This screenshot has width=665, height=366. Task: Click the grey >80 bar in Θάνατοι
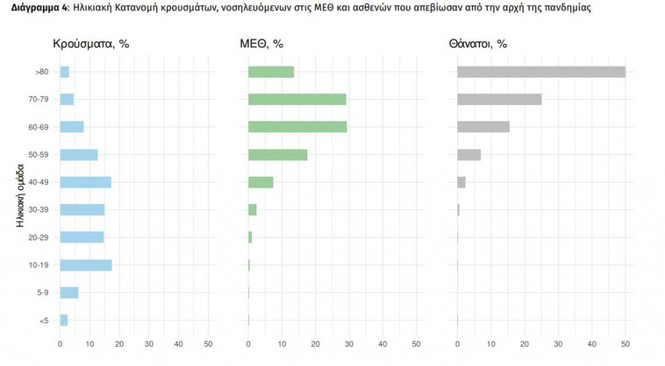click(x=541, y=72)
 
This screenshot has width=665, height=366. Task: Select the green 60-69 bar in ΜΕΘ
click(x=297, y=127)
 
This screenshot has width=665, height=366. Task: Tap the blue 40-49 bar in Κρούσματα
click(x=86, y=182)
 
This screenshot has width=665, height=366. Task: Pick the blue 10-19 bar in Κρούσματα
click(x=86, y=265)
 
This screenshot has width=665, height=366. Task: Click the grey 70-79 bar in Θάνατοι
click(x=499, y=99)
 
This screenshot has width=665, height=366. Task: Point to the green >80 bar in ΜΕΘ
click(x=271, y=72)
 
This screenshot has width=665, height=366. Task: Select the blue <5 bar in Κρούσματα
click(x=64, y=320)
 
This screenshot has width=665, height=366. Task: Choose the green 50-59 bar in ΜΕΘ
click(x=278, y=155)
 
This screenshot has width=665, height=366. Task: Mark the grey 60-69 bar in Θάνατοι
click(x=483, y=127)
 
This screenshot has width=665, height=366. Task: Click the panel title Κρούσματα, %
click(x=91, y=44)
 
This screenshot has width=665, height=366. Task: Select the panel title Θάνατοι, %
click(x=477, y=44)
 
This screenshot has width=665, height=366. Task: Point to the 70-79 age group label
click(x=39, y=100)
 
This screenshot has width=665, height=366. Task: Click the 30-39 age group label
click(x=39, y=210)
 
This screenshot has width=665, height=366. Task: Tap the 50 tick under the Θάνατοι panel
click(x=625, y=344)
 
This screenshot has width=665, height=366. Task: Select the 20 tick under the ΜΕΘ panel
click(x=316, y=344)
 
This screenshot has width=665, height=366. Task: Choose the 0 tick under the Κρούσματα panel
click(x=61, y=344)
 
